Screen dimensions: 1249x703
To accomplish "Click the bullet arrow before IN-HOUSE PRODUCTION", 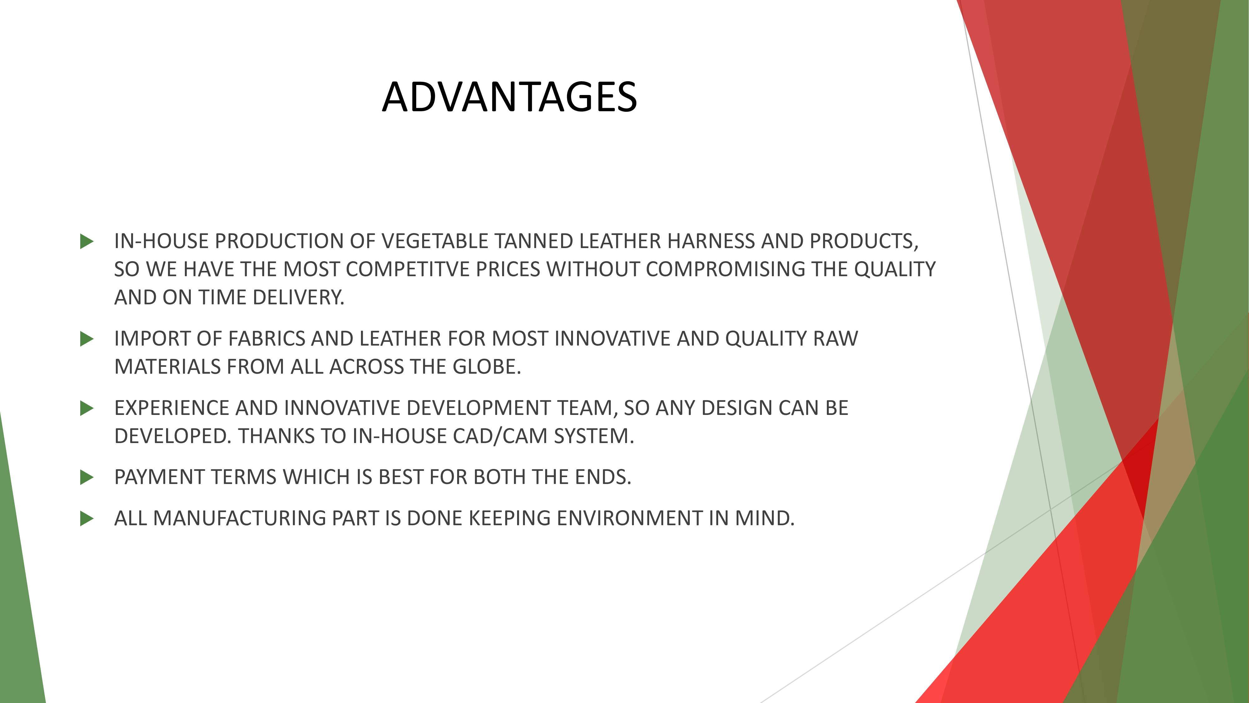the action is tap(87, 241).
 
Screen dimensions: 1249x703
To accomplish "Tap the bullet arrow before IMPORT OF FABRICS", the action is tap(87, 339).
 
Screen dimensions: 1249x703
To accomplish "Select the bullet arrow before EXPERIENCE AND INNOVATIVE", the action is tap(87, 408).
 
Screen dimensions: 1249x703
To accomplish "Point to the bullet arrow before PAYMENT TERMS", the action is tap(87, 477).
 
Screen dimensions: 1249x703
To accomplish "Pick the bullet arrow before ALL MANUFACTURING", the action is tap(87, 519).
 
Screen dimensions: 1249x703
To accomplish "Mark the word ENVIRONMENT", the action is tap(629, 519).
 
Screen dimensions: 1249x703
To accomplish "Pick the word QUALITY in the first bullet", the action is tap(895, 269).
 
